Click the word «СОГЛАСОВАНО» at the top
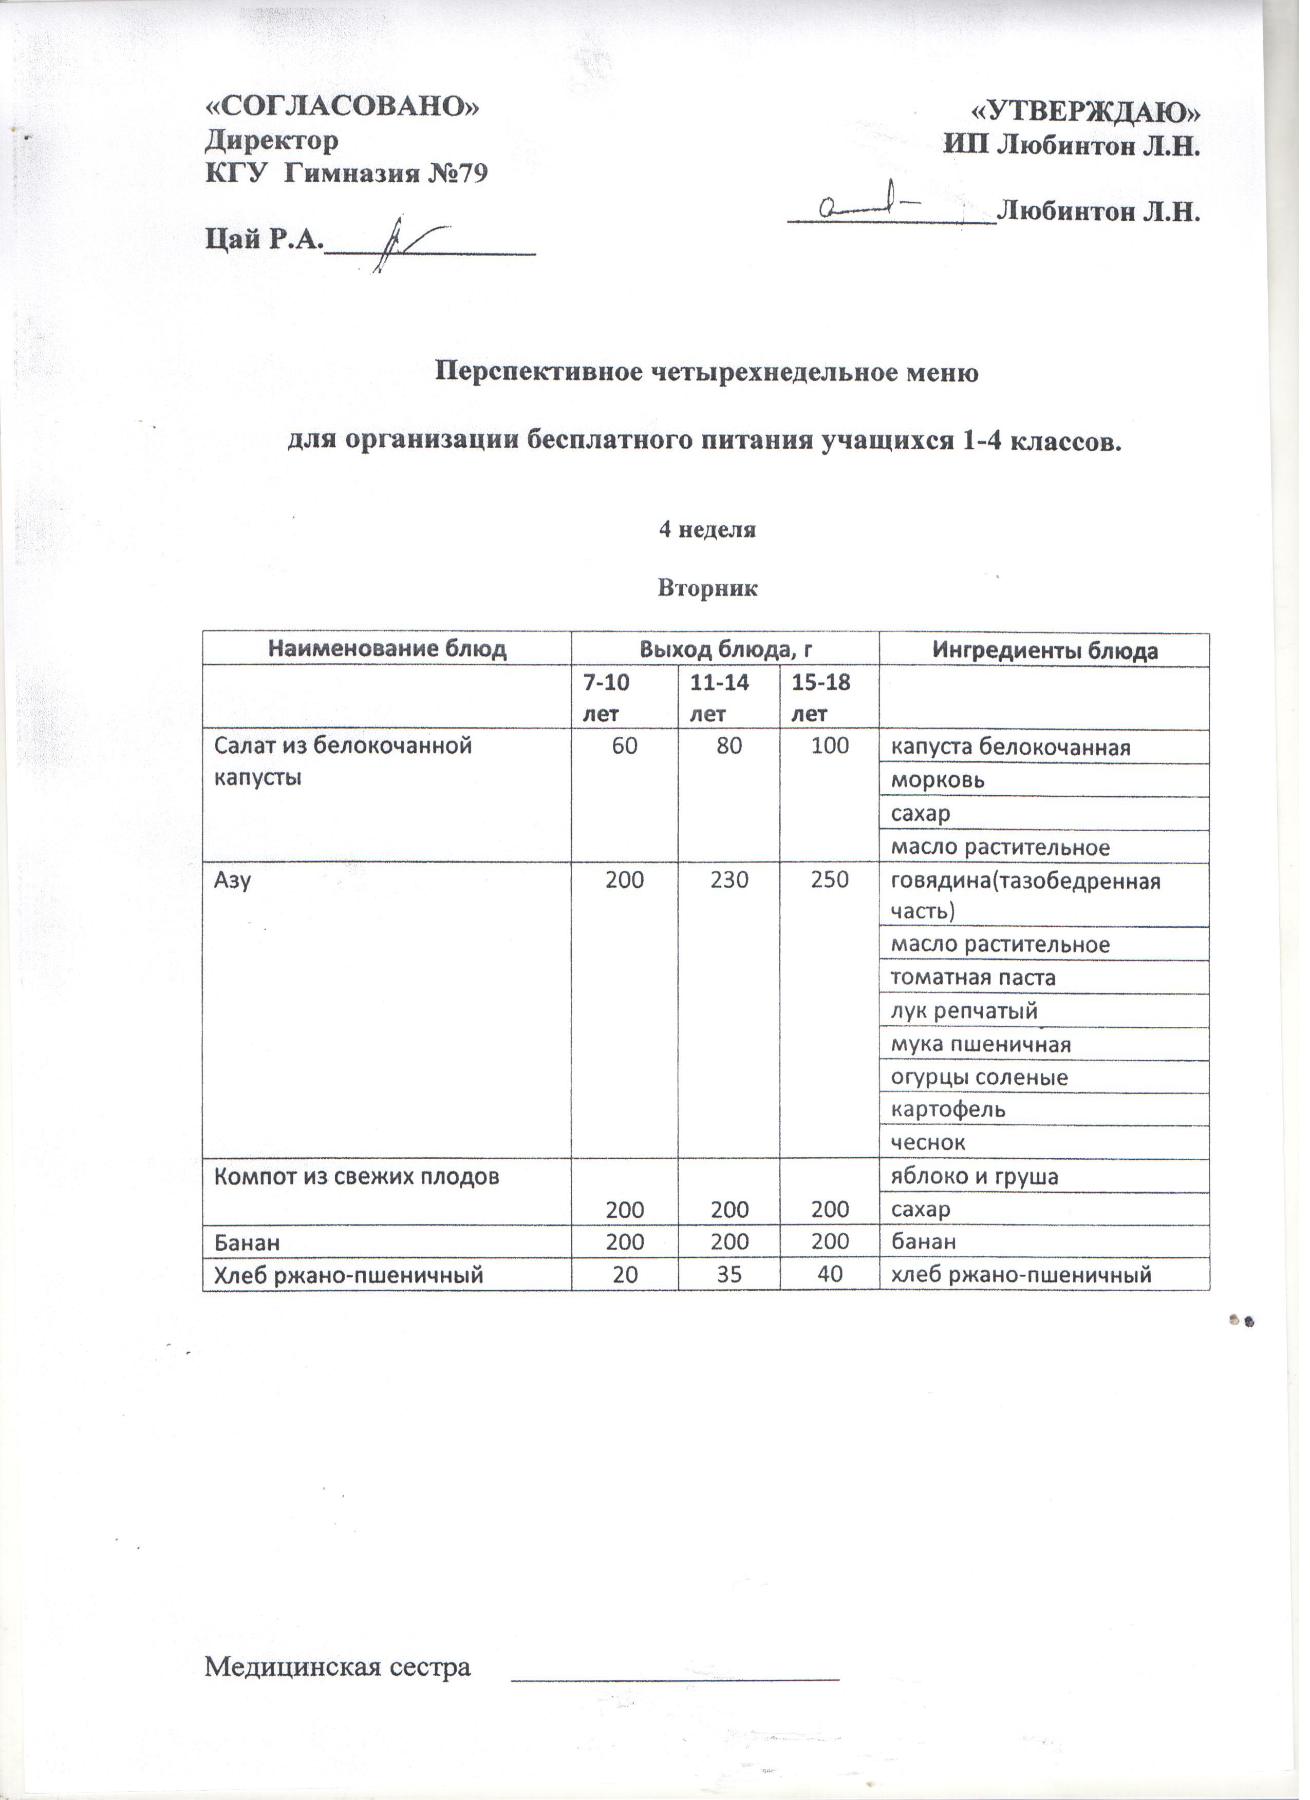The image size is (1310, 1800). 343,107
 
